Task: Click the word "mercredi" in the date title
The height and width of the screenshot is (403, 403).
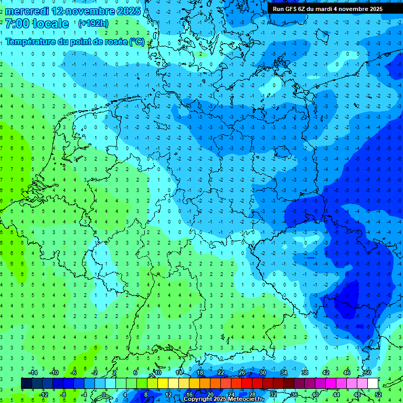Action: coord(27,11)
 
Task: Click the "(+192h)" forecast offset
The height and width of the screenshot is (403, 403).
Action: coord(93,24)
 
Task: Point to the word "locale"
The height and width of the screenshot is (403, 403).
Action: coord(50,24)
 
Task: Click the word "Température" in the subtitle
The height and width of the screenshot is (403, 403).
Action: coord(30,41)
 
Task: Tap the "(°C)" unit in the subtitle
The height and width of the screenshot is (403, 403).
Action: coord(137,41)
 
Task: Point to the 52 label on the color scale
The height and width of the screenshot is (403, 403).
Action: coord(378,394)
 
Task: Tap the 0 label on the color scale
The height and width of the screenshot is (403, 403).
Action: coord(104,394)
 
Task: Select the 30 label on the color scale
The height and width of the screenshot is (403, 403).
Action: coord(262,372)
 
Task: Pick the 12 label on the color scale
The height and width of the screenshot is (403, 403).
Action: coord(168,394)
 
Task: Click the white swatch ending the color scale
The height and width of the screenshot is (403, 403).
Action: coord(373,383)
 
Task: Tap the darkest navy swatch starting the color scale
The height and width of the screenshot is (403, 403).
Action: coord(26,383)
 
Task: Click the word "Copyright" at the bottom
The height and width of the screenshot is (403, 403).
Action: coord(198,399)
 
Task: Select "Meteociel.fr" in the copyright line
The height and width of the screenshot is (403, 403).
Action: coord(246,399)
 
